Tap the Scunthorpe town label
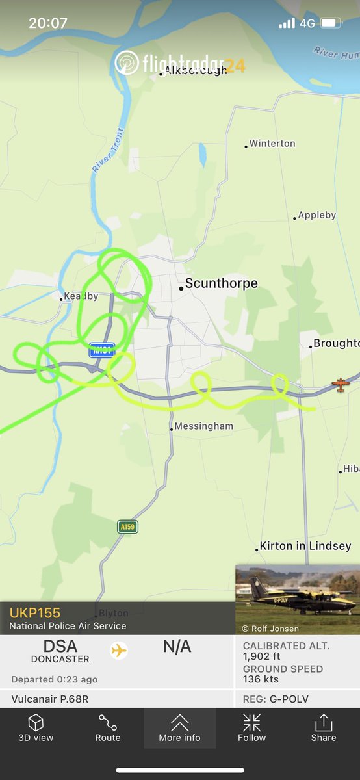click(221, 283)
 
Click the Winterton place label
click(272, 144)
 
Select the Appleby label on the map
click(317, 215)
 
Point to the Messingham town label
click(203, 426)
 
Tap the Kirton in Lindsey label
click(305, 546)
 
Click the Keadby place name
click(81, 296)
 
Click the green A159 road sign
click(127, 526)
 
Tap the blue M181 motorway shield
click(102, 350)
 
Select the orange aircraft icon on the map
click(340, 384)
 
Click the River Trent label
click(108, 150)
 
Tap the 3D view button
click(36, 727)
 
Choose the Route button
click(108, 727)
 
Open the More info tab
click(179, 727)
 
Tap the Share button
click(323, 727)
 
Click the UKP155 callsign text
click(35, 613)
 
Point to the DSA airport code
click(60, 646)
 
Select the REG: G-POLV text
click(276, 699)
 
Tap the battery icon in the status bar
click(331, 23)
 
